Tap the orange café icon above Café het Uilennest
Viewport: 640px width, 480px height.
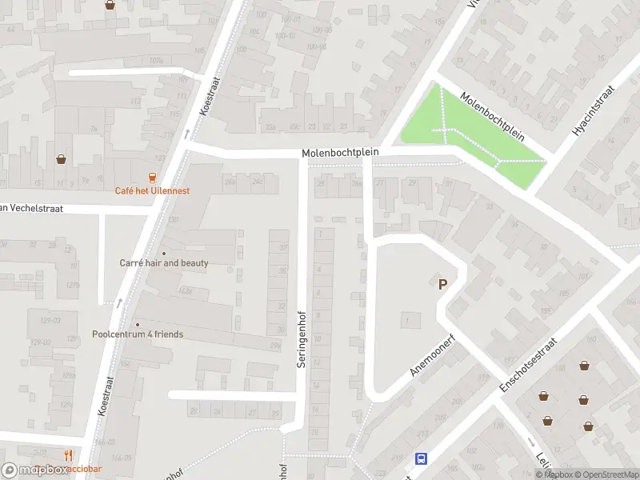pos(152,177)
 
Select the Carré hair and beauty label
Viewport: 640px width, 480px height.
pos(164,262)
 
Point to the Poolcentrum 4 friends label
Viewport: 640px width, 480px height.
pos(138,334)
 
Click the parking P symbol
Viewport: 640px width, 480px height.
pos(442,283)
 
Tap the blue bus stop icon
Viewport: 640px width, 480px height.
pos(421,458)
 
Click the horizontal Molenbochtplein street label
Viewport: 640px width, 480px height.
pos(340,152)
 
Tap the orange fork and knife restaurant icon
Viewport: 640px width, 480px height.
pos(69,457)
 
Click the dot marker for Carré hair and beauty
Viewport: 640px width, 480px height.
pos(164,253)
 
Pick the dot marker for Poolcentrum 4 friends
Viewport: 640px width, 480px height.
pos(137,324)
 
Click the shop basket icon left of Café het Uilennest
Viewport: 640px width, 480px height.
pos(61,158)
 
